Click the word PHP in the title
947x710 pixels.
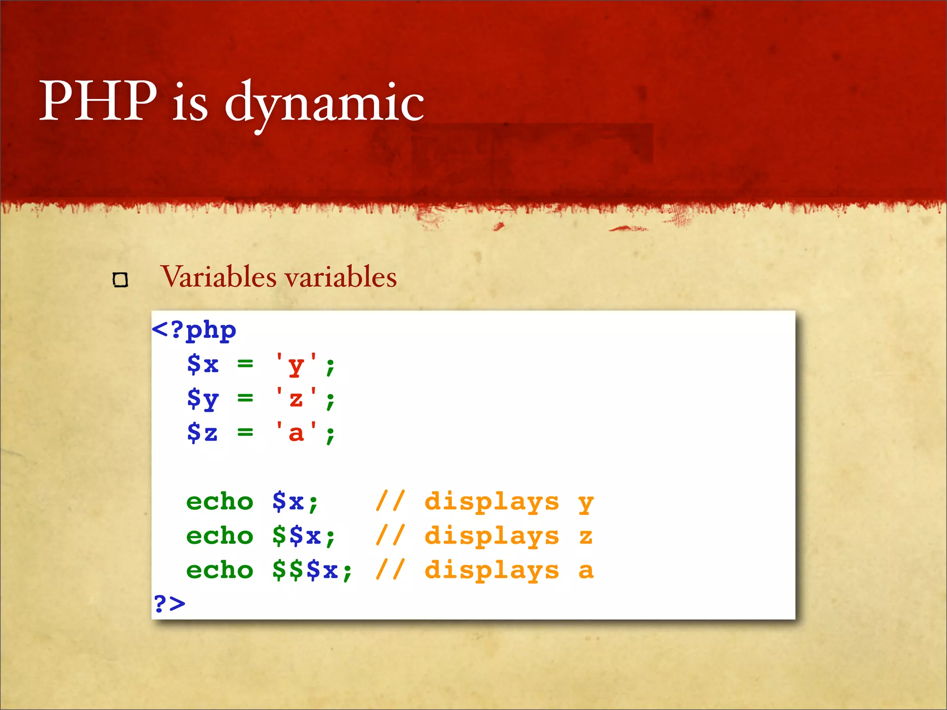[98, 100]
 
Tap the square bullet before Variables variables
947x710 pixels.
[120, 280]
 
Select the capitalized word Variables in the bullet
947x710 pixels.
[218, 277]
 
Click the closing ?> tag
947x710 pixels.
[169, 603]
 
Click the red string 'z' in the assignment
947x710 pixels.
[296, 399]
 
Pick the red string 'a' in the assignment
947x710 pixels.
[296, 433]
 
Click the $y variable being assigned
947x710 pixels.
[203, 399]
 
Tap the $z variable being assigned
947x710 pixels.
[203, 433]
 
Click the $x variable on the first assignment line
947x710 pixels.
[203, 365]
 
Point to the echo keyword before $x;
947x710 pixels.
[220, 502]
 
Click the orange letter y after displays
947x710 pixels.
[585, 503]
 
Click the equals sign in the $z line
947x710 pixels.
[245, 433]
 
